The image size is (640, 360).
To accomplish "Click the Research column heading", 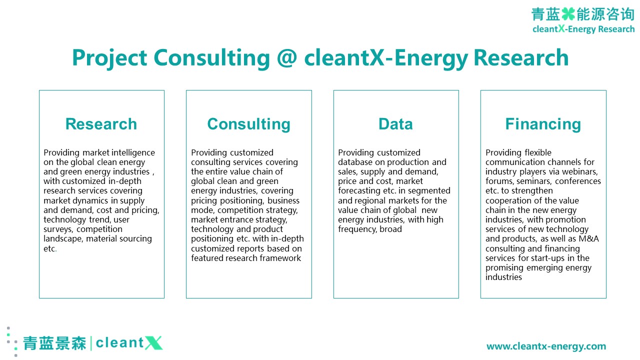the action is click(101, 124).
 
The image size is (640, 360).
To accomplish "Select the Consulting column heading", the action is click(249, 124).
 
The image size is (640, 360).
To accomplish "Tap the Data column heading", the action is click(395, 124).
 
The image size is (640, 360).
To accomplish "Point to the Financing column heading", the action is click(543, 124).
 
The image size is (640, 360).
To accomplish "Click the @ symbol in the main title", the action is click(287, 58).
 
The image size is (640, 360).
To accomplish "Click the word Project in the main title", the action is click(109, 58).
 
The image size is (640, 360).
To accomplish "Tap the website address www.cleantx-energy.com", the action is click(546, 346).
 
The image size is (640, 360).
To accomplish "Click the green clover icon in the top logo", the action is click(568, 14).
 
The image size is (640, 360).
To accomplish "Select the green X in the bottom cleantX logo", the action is click(153, 343).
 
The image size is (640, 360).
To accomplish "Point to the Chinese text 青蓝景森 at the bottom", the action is click(54, 343).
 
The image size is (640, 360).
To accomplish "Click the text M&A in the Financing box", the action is click(588, 238).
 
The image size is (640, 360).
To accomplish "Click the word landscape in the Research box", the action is click(63, 239).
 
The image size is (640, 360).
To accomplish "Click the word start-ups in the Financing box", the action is click(548, 258).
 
